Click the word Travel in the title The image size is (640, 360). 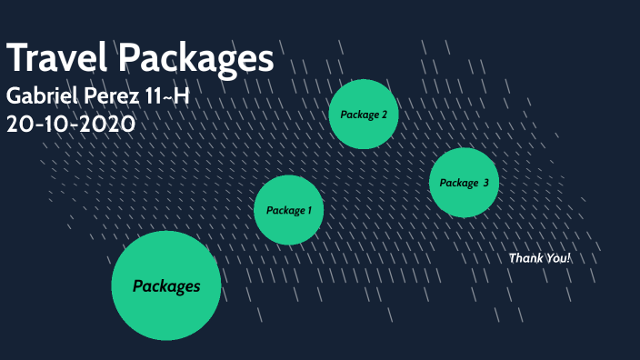(58, 58)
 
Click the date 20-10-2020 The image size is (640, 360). (71, 124)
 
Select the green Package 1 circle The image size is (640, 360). (289, 210)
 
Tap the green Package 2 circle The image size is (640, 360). (364, 115)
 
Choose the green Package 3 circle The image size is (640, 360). (464, 183)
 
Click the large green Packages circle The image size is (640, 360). (166, 285)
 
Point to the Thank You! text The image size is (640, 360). (540, 258)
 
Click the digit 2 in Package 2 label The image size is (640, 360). (384, 115)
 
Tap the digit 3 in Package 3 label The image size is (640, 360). (485, 183)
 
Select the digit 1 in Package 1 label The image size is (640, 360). (309, 210)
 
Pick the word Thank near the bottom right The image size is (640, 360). (525, 258)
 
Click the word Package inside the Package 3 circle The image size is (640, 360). (458, 183)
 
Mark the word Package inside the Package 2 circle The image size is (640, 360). (358, 115)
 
